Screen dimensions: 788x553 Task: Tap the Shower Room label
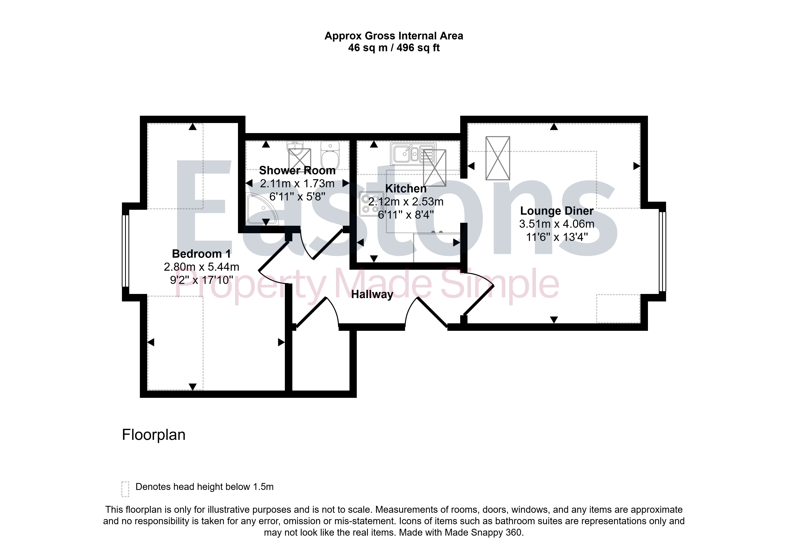(297, 170)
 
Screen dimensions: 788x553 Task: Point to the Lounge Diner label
(557, 211)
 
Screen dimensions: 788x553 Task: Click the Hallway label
(372, 294)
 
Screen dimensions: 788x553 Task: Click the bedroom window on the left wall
(126, 251)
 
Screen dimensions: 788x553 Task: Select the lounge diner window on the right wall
(662, 252)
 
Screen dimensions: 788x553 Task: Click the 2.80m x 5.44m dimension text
(202, 267)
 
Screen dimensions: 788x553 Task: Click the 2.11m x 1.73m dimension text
(297, 184)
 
